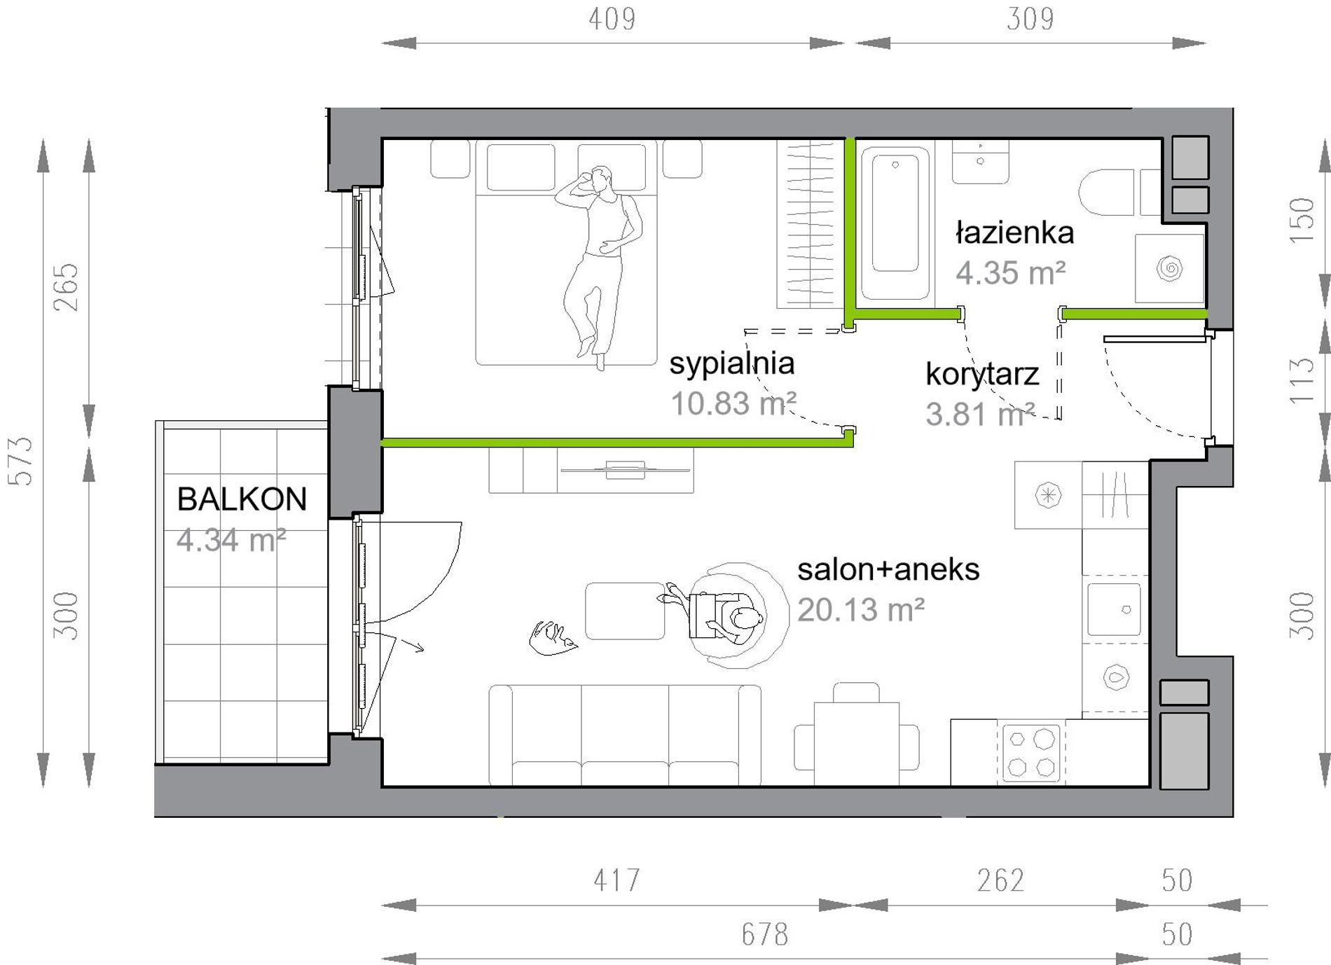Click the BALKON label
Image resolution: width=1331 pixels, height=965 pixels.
[x=242, y=499]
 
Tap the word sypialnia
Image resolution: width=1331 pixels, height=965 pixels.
[x=732, y=363]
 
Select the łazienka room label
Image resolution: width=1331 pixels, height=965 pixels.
[x=1015, y=232]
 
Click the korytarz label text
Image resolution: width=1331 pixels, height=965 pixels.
[x=982, y=375]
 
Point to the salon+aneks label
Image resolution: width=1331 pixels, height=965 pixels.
[x=888, y=569]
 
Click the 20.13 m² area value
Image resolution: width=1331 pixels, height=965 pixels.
[x=861, y=610]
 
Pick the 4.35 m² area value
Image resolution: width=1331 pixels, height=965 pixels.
[x=1011, y=272]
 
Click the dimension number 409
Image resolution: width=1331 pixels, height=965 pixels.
[x=612, y=20]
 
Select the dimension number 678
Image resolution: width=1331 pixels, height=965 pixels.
[x=765, y=934]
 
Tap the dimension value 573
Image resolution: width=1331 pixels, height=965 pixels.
[x=21, y=461]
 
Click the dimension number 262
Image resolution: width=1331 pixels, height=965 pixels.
[x=1000, y=880]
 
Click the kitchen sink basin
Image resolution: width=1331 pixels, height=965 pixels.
[x=1114, y=609]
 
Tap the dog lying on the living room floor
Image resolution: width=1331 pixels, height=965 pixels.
[x=553, y=638]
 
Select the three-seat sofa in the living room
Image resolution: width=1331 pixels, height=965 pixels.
[x=625, y=735]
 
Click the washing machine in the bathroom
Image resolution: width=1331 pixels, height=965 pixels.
[x=1169, y=268]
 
